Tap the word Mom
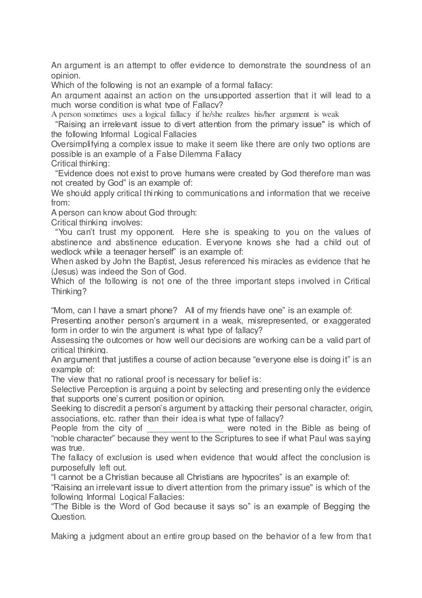[63, 310]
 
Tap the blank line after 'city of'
[185, 428]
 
